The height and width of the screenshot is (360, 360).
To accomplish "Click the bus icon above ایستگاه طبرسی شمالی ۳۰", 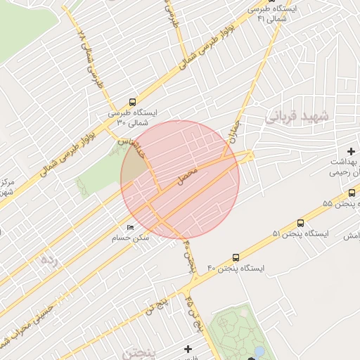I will point(134,102).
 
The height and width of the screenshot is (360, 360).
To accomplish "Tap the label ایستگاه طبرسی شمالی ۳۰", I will point(133,117).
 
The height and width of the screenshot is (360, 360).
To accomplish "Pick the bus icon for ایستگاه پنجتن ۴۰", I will point(235,257).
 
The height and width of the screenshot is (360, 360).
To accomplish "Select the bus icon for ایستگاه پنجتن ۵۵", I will point(352,193).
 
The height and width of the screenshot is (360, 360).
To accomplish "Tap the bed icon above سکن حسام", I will point(130,227).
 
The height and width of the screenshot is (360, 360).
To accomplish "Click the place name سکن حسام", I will point(134,238).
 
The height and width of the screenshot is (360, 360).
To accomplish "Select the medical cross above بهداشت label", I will point(351,151).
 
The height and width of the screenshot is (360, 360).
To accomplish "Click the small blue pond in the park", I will point(259,351).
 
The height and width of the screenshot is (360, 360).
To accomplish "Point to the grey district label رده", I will point(48,259).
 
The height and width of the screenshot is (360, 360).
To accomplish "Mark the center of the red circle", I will point(180,179).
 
